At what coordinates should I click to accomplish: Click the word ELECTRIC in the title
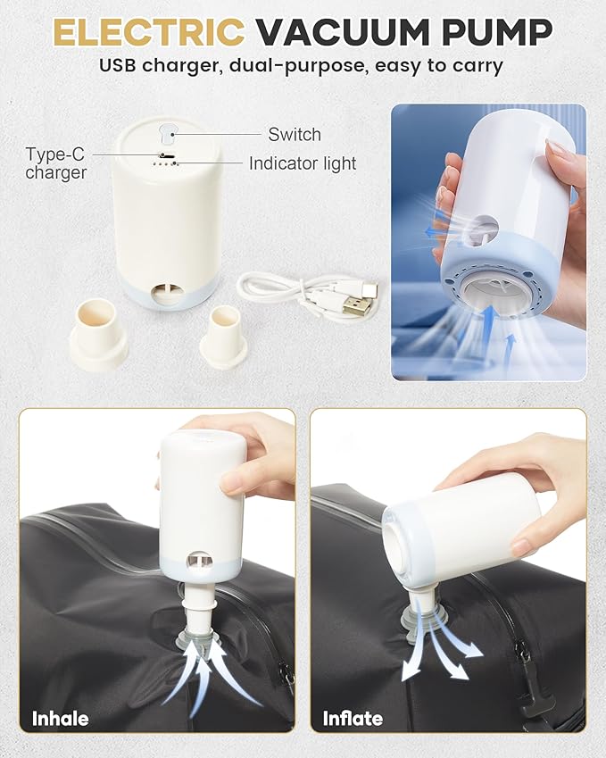point(149,32)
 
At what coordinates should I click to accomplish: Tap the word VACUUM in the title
point(343,32)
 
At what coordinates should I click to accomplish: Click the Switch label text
point(295,135)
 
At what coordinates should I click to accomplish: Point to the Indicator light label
point(303,163)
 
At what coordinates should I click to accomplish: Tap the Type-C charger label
point(55,163)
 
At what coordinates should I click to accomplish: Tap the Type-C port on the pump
point(168,155)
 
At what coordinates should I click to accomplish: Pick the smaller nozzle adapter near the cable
point(224,337)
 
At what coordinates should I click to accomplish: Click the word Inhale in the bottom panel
point(61,719)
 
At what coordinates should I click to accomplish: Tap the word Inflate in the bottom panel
point(353,719)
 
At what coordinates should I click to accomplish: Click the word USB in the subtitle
point(118,65)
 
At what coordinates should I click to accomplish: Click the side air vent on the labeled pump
point(167,293)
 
